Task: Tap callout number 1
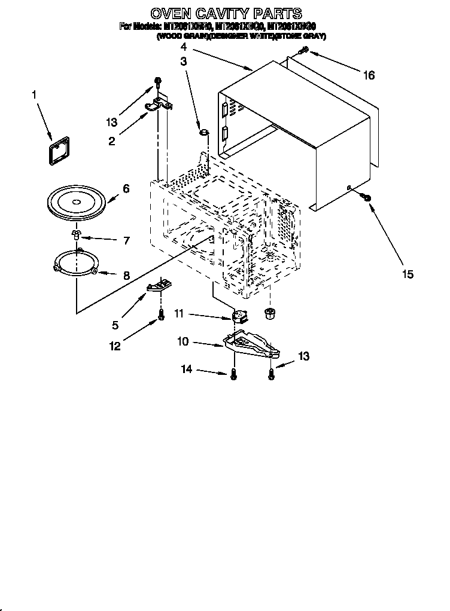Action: [x=34, y=95]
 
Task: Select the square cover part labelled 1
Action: [x=59, y=150]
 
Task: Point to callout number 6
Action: [x=126, y=188]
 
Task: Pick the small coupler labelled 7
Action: [x=76, y=234]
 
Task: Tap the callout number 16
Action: [x=369, y=75]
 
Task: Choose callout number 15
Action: [x=408, y=274]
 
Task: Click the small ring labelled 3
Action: [x=204, y=130]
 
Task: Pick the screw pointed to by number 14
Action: [x=233, y=374]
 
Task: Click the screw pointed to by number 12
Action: [x=160, y=315]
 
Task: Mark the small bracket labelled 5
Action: [x=158, y=286]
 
